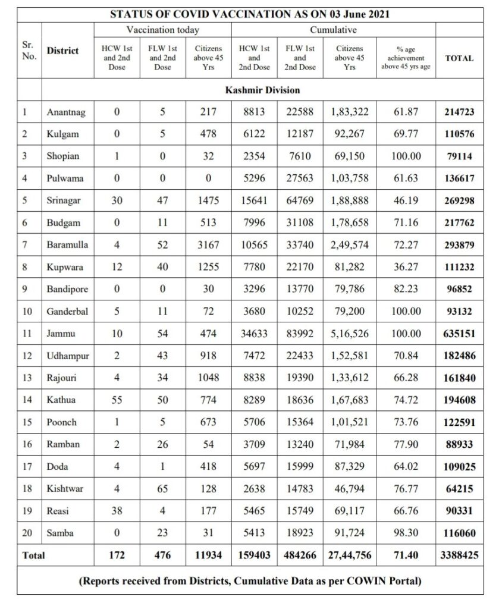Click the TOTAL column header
pos(459,58)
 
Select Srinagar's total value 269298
pos(459,201)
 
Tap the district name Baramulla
pos(67,245)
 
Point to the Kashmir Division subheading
pos(262,90)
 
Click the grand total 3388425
pos(459,555)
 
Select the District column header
pos(62,51)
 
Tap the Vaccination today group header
pos(162,30)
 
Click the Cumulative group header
pos(333,30)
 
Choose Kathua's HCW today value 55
pos(117,400)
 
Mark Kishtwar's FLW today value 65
pos(162,489)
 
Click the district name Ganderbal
pos(67,312)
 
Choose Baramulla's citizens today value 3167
pos(208,245)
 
